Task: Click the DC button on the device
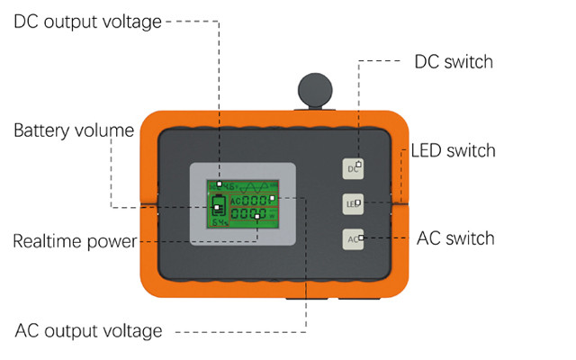(355, 167)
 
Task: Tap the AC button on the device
(355, 239)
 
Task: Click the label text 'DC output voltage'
(87, 21)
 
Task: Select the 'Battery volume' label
(74, 130)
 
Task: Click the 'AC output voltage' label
(89, 330)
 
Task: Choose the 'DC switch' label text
(454, 62)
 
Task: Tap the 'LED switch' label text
(453, 149)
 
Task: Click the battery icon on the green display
(218, 206)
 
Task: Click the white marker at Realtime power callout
(257, 217)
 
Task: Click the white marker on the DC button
(359, 164)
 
